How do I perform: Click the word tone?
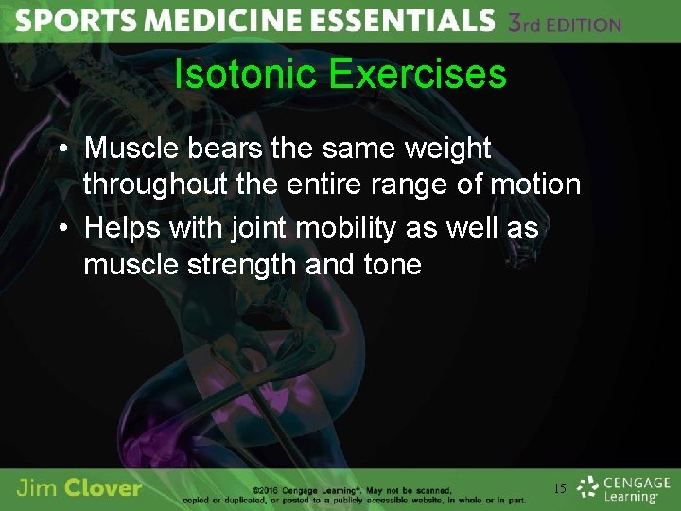point(392,264)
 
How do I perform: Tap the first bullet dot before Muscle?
point(60,150)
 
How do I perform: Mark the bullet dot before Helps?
point(60,229)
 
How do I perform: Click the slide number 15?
point(560,488)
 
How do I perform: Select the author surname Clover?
point(105,488)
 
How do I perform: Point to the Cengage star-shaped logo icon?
point(588,488)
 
